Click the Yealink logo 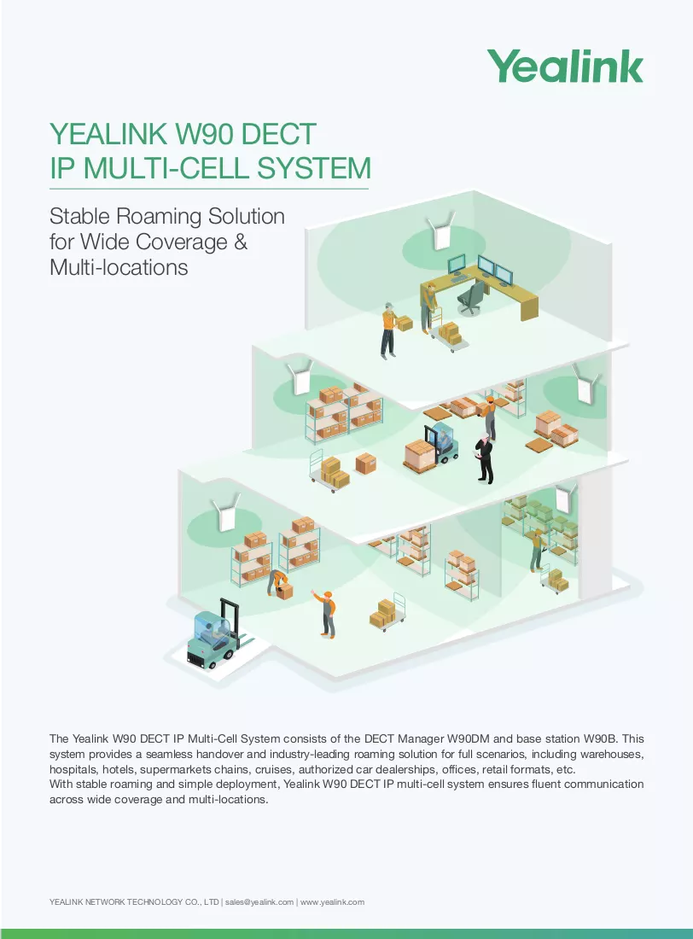pos(565,67)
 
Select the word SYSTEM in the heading pos(314,167)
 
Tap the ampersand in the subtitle pos(240,242)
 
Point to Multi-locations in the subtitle pos(119,267)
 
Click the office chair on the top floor pos(470,297)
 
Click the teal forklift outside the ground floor pos(214,633)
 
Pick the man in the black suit pos(484,458)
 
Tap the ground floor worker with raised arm pos(324,613)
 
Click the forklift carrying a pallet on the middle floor pos(431,449)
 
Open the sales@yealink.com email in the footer pos(259,902)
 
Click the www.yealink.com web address pos(333,902)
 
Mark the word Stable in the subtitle pos(79,216)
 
